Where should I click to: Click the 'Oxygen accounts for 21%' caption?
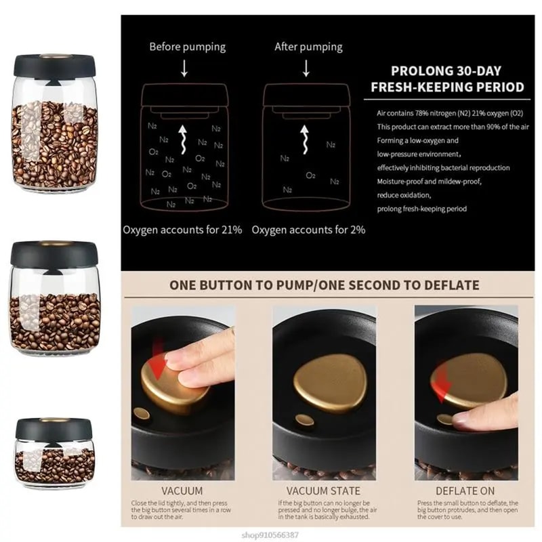(182, 230)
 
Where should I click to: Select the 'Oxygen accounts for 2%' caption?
(308, 230)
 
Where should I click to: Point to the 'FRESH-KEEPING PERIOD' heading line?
(447, 87)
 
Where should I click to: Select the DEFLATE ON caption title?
(465, 490)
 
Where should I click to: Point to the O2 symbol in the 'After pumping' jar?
(310, 175)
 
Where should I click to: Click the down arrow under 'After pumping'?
(306, 68)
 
